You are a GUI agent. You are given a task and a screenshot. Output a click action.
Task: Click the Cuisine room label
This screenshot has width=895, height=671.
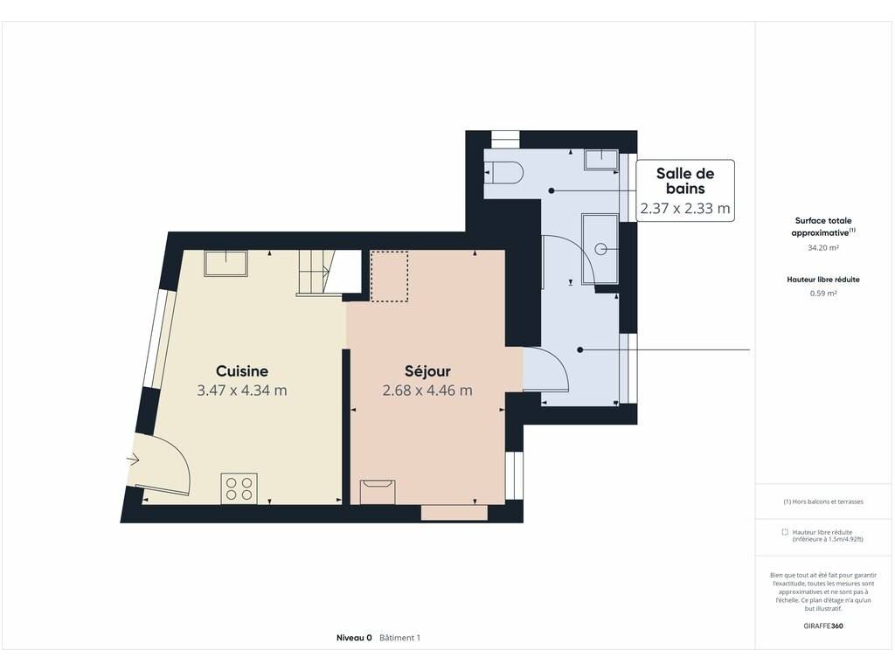pos(242,370)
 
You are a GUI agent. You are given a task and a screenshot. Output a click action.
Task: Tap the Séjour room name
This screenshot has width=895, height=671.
pos(427,370)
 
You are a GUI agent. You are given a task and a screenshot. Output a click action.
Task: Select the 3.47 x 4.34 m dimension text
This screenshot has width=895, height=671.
pos(242,391)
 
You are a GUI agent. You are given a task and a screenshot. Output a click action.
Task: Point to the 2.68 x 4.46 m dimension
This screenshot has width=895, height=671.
pos(427,391)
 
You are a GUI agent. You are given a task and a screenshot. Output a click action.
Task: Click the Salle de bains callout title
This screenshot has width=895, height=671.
pos(685,181)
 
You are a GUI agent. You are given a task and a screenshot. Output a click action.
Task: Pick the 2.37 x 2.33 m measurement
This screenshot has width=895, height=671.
pos(685,208)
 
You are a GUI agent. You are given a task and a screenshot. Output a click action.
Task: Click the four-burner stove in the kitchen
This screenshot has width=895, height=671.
pos(239,489)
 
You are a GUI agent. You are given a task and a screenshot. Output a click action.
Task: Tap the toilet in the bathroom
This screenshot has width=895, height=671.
pos(503,172)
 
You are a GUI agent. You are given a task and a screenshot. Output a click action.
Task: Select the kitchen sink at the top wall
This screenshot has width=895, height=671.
pos(226,263)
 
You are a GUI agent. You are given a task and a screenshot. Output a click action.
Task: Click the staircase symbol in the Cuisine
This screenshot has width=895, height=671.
pos(315,273)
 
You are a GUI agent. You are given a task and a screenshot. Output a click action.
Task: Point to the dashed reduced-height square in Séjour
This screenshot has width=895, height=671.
pos(389,275)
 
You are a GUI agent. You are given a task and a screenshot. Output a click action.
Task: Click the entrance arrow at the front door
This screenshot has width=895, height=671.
pos(133,459)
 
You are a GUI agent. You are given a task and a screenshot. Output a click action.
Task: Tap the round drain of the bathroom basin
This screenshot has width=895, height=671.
pos(600,249)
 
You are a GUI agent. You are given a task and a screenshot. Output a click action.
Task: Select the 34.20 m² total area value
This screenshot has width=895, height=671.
pos(823,247)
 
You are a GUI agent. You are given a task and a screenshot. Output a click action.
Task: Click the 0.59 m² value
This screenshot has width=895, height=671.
pos(823,294)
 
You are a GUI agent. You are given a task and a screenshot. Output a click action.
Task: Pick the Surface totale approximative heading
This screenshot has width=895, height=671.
pos(823,226)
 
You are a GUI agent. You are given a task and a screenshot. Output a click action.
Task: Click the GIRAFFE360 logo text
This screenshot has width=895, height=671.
pos(823,626)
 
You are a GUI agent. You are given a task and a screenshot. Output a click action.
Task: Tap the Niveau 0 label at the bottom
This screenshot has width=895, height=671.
pos(354,637)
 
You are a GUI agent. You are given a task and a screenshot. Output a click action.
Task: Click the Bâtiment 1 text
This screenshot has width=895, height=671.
pos(399,637)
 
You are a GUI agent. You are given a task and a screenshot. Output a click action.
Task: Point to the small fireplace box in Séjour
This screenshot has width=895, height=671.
pos(378,492)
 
